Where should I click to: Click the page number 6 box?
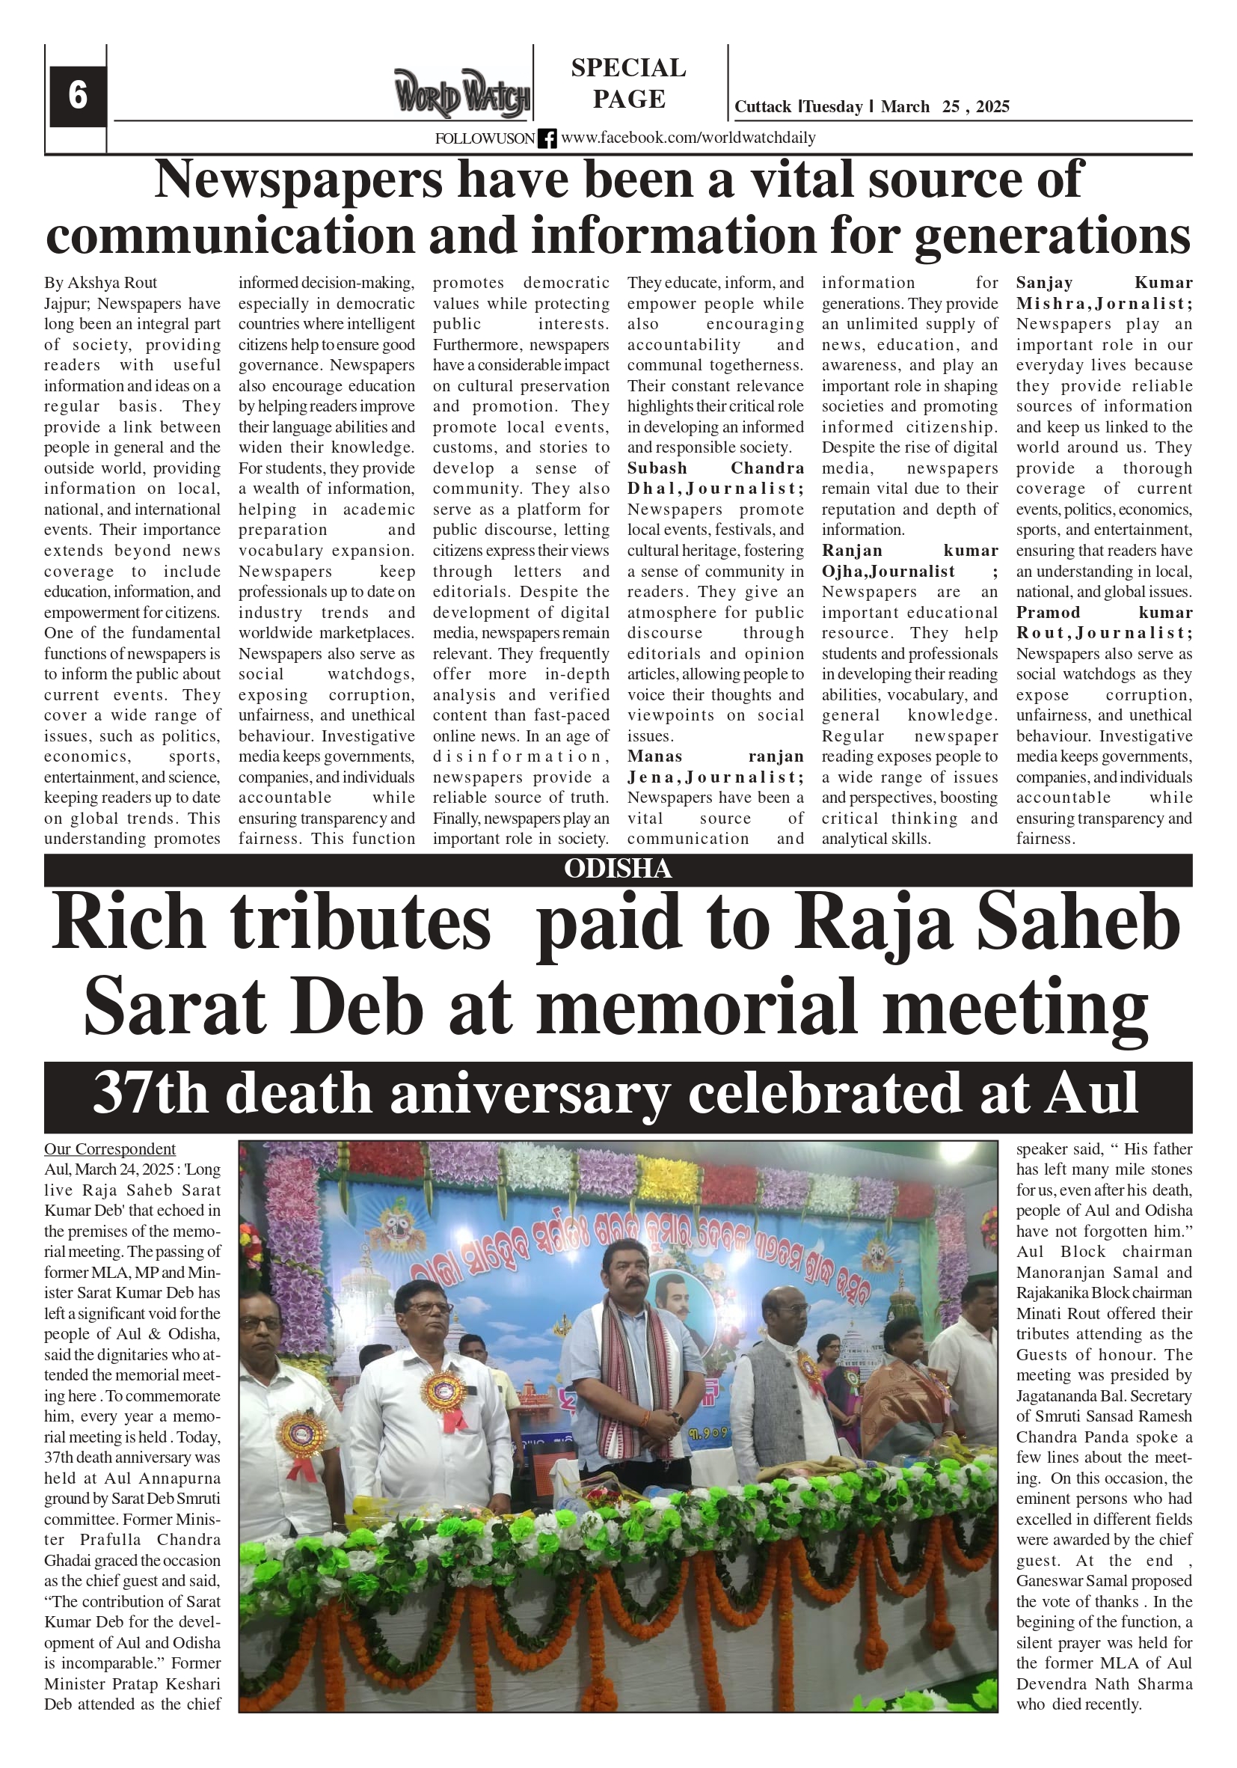(x=78, y=96)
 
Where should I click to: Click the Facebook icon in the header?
(x=547, y=138)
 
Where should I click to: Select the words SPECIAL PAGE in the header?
(x=628, y=83)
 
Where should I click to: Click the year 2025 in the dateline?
(x=992, y=107)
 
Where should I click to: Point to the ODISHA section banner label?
(x=618, y=869)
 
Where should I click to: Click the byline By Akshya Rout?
(x=101, y=283)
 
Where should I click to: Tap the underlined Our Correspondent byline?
(x=110, y=1149)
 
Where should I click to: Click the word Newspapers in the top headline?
(x=298, y=180)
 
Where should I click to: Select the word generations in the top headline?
(x=1052, y=236)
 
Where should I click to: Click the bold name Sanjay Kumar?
(x=1104, y=283)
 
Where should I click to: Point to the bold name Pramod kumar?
(x=1104, y=613)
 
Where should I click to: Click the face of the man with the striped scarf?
(x=628, y=1271)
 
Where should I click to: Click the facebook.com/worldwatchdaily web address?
(x=688, y=138)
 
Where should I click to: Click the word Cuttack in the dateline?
(x=762, y=107)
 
